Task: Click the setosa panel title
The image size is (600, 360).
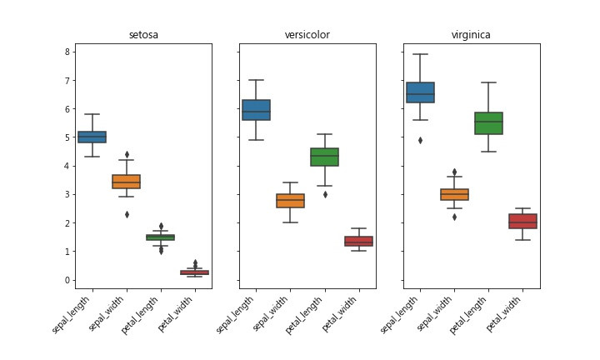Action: coord(143,35)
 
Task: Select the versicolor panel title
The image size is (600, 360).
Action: coord(307,35)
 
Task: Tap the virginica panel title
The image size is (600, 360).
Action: coord(471,35)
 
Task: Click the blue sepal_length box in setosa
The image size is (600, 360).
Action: coord(92,137)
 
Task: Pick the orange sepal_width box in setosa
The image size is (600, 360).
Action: coord(126,181)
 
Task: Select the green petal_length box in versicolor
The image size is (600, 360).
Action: coord(324,157)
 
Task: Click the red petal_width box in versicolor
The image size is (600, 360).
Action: coord(358,241)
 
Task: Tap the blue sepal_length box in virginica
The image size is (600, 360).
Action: coord(420,92)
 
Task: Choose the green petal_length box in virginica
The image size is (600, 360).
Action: coord(488,122)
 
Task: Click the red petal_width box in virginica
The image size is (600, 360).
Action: coord(522,221)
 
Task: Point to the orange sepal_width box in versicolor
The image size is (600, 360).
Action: coord(290,201)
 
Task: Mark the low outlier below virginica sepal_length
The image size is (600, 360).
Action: coord(420,140)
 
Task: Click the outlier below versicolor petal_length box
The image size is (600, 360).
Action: coord(324,194)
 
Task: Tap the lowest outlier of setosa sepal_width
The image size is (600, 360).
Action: coord(126,214)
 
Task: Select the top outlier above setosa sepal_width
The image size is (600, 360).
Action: coord(126,154)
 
